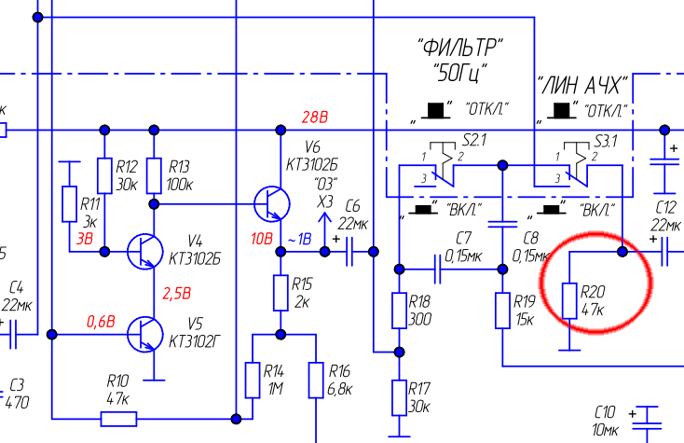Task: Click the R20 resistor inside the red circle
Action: coord(569,300)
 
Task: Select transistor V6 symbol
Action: coord(272,204)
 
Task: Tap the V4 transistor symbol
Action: coord(145,252)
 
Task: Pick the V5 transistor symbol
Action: coord(145,334)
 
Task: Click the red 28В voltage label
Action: coord(315,117)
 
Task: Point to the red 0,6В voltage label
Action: coord(101,322)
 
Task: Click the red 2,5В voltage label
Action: coord(177,293)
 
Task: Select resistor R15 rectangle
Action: coord(280,293)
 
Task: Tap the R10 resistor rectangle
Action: coord(118,419)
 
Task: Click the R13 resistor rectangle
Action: coord(154,176)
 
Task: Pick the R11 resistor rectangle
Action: coord(69,204)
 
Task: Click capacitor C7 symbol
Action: coord(438,270)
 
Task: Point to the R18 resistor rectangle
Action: coord(399,311)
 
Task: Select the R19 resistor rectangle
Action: coord(502,311)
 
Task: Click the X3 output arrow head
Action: coord(324,217)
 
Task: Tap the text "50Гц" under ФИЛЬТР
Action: coord(461,73)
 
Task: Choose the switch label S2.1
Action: coord(474,141)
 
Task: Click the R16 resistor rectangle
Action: coord(316,380)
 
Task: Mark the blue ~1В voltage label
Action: coord(300,239)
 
